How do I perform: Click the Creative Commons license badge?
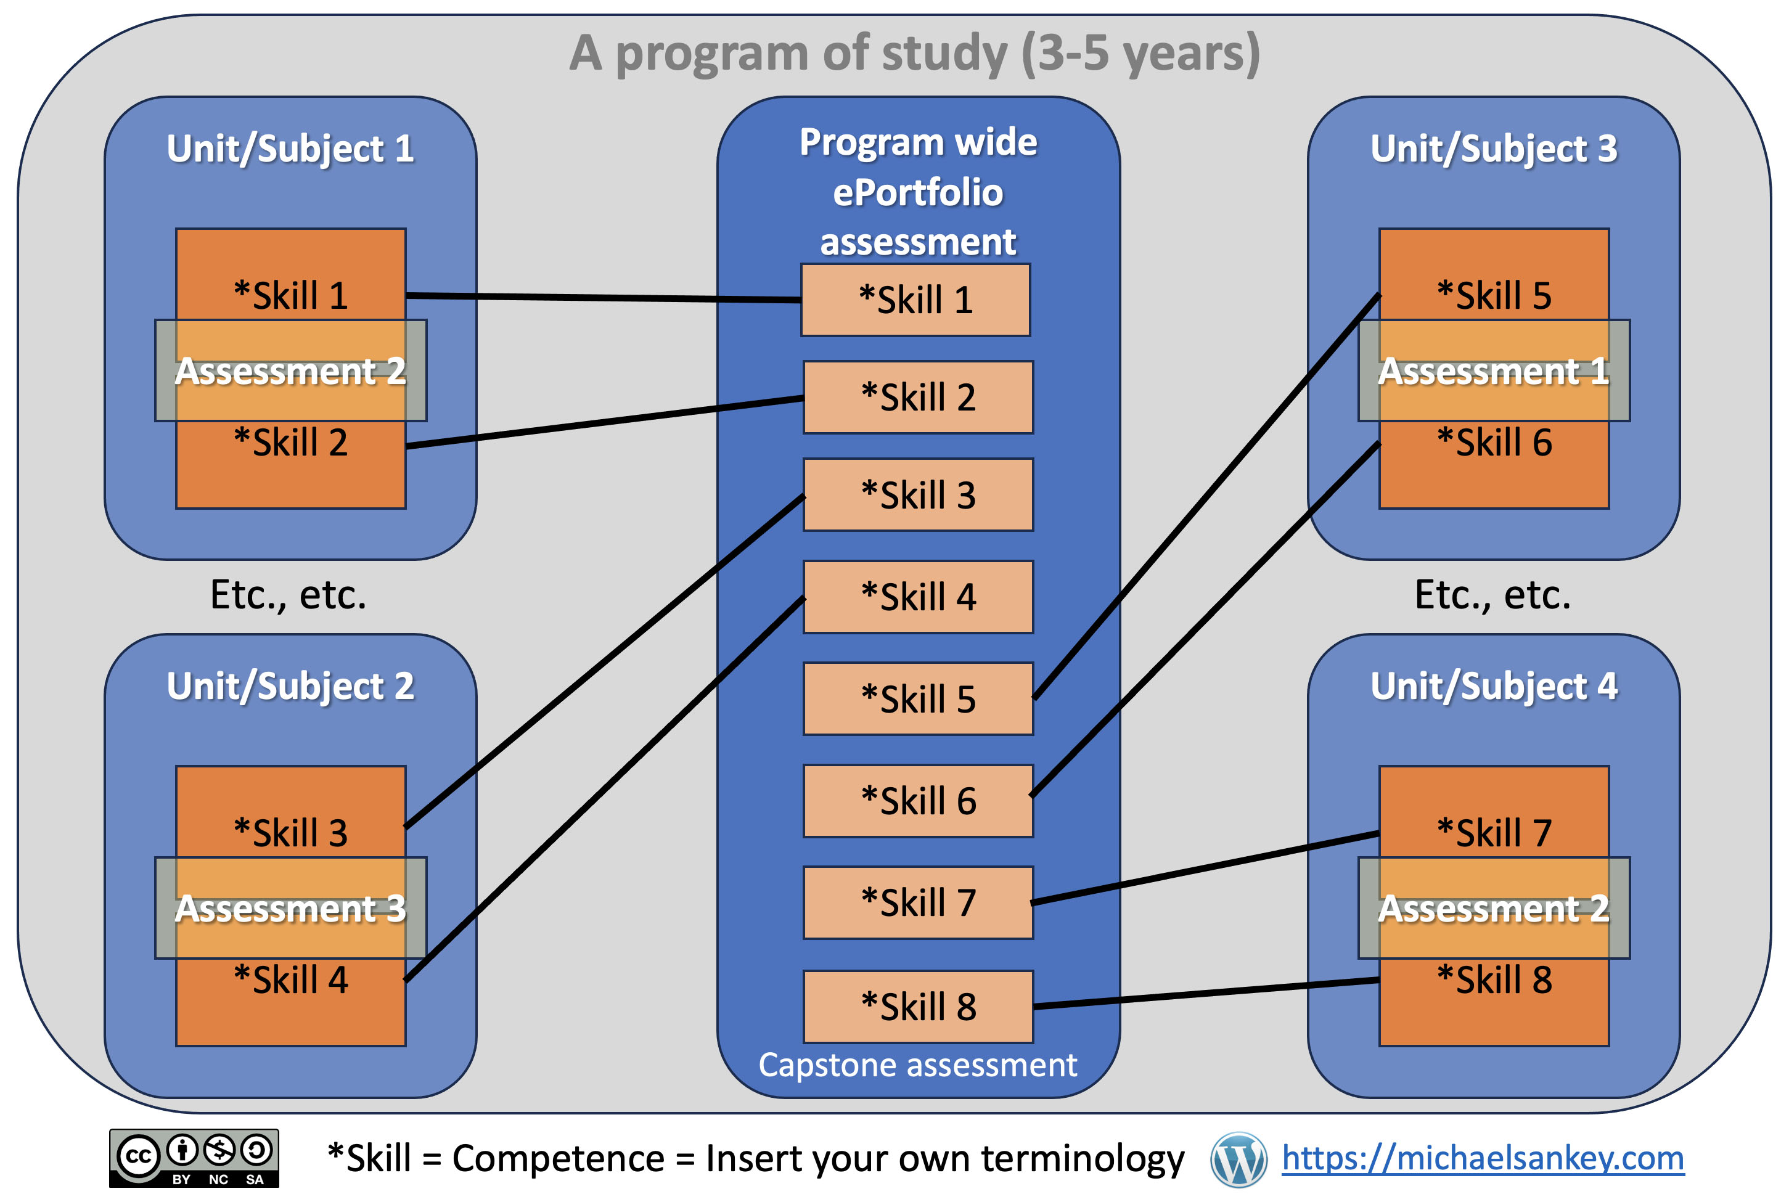(194, 1158)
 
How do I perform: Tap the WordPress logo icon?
(1238, 1159)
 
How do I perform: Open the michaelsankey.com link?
(1483, 1158)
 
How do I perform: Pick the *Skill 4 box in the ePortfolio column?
(919, 597)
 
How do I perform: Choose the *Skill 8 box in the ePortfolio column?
(919, 1007)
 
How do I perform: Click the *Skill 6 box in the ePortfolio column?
(919, 801)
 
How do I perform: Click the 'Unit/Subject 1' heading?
(290, 149)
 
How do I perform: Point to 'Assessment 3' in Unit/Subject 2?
(290, 909)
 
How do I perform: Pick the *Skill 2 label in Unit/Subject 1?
(290, 443)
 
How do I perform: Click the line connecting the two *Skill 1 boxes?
(604, 298)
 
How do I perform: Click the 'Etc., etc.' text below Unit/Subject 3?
(1492, 595)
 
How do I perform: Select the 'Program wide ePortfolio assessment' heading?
(919, 192)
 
